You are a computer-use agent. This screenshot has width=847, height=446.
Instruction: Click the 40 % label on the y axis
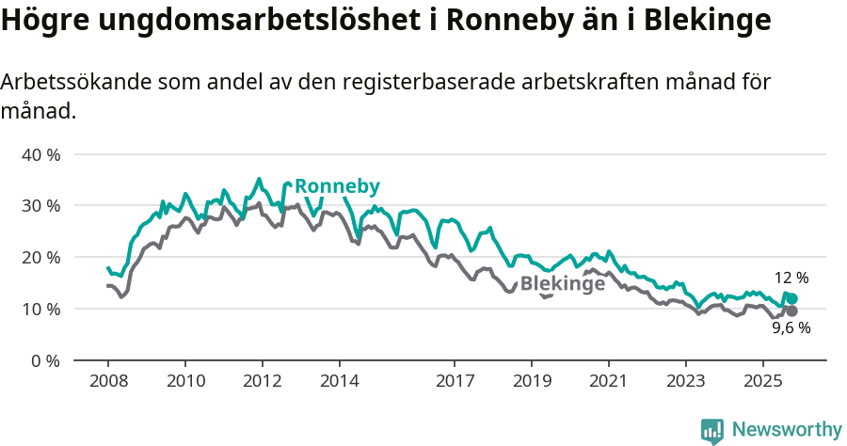point(40,154)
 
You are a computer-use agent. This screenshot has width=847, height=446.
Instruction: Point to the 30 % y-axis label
point(40,206)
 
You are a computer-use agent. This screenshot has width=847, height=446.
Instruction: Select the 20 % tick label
point(40,258)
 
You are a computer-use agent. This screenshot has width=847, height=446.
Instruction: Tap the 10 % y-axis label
point(40,310)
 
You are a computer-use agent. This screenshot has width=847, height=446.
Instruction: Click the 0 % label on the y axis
point(45,361)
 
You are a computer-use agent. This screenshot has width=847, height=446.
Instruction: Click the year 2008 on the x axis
point(107,383)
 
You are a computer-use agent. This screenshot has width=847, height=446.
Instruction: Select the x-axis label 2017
point(455,383)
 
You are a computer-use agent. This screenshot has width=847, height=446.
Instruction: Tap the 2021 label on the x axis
point(609,383)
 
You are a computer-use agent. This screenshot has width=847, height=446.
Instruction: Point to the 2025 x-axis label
point(762,383)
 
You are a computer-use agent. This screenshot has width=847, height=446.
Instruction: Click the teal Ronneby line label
point(337,186)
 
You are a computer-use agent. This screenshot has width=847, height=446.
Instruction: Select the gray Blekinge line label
point(562,284)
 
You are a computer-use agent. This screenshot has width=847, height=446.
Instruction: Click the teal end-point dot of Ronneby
point(792,298)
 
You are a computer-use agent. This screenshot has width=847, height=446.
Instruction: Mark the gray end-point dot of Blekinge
point(792,311)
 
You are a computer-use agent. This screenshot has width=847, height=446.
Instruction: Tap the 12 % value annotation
point(791,279)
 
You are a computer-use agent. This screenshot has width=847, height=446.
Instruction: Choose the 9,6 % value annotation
point(791,328)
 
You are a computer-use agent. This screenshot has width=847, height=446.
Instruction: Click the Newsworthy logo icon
point(712,430)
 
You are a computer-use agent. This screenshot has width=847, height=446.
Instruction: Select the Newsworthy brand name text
point(786,430)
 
